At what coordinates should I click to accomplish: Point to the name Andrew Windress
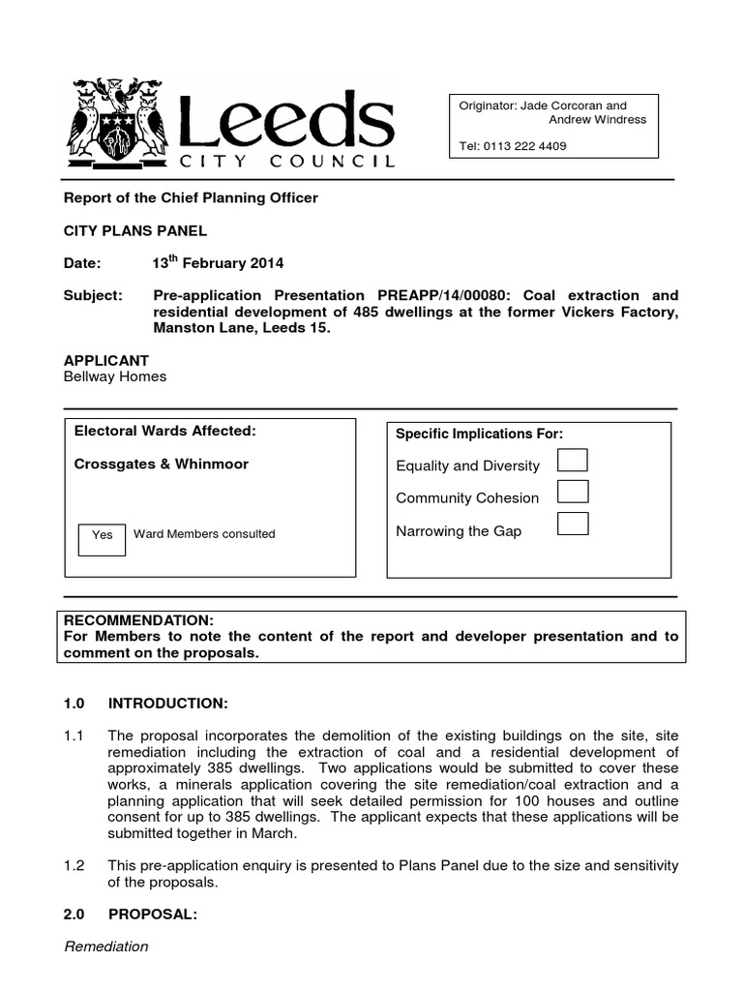[x=597, y=120]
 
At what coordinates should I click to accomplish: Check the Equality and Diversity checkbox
[x=573, y=460]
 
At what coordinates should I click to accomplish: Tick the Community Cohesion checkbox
[x=573, y=492]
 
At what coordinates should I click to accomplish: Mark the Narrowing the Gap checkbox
[x=573, y=525]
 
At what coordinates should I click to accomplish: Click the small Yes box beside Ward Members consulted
[x=102, y=535]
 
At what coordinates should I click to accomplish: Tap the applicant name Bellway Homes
[x=115, y=376]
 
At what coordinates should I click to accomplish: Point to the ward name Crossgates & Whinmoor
[x=162, y=464]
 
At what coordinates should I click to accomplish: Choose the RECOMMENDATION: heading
[x=137, y=619]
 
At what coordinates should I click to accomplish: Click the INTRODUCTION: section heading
[x=167, y=702]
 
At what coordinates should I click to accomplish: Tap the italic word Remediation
[x=106, y=946]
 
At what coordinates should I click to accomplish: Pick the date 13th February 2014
[x=218, y=262]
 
